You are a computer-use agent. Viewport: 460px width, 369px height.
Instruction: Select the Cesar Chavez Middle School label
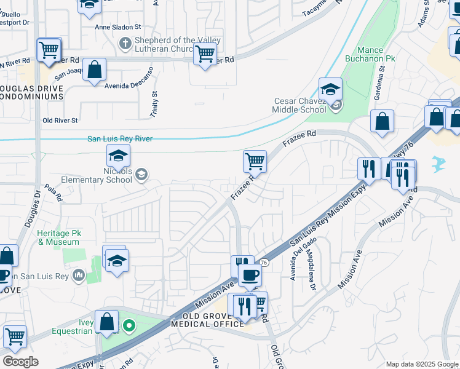[x=299, y=105]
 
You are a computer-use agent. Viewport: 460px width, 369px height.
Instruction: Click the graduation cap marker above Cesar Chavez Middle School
[x=330, y=89]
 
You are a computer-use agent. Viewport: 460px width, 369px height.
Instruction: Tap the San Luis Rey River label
[x=120, y=139]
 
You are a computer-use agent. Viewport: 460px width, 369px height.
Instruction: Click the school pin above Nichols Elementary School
[x=119, y=155]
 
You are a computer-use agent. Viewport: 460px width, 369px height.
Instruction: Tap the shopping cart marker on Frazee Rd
[x=255, y=161]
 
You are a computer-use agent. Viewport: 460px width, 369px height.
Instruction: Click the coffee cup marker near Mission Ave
[x=250, y=275]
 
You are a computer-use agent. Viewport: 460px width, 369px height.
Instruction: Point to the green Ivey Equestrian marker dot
[x=129, y=325]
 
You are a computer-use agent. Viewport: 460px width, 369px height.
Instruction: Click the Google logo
[x=20, y=362]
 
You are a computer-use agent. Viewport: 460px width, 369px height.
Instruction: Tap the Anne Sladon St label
[x=117, y=28]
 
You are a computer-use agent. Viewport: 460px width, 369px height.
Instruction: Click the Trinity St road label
[x=154, y=105]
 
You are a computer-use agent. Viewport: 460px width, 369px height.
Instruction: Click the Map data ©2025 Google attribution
[x=421, y=364]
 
